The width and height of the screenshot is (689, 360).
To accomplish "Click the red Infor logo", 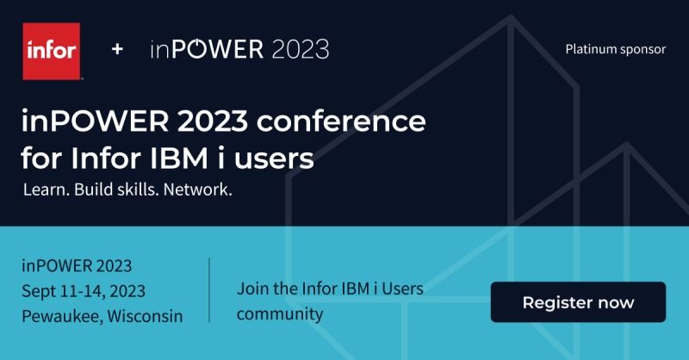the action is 52,52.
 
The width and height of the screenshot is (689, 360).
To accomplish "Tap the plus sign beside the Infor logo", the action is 117,49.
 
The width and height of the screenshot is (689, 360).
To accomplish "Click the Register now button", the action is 578,302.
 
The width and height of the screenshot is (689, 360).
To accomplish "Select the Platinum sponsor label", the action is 615,49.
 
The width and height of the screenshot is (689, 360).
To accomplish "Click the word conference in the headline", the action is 341,121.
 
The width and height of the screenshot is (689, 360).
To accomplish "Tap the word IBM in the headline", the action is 179,158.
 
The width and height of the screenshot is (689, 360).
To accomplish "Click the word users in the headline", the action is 274,159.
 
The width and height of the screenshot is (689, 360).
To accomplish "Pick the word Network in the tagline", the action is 197,189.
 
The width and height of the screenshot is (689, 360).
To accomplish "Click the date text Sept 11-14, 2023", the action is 84,291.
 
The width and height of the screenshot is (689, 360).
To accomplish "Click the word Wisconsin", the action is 145,316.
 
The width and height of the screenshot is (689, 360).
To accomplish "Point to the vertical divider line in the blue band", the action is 209,290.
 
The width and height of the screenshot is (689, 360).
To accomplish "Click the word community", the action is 280,313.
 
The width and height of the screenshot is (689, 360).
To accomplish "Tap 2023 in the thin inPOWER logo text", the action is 301,49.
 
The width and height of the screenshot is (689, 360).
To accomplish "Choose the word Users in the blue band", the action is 402,289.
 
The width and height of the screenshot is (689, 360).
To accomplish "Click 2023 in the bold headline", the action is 213,121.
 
